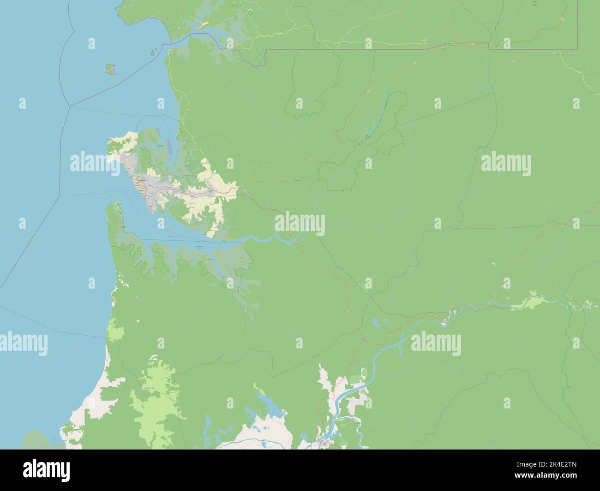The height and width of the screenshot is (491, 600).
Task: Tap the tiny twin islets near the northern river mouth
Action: (x=153, y=53)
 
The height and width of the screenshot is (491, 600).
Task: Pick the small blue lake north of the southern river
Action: (x=379, y=321)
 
